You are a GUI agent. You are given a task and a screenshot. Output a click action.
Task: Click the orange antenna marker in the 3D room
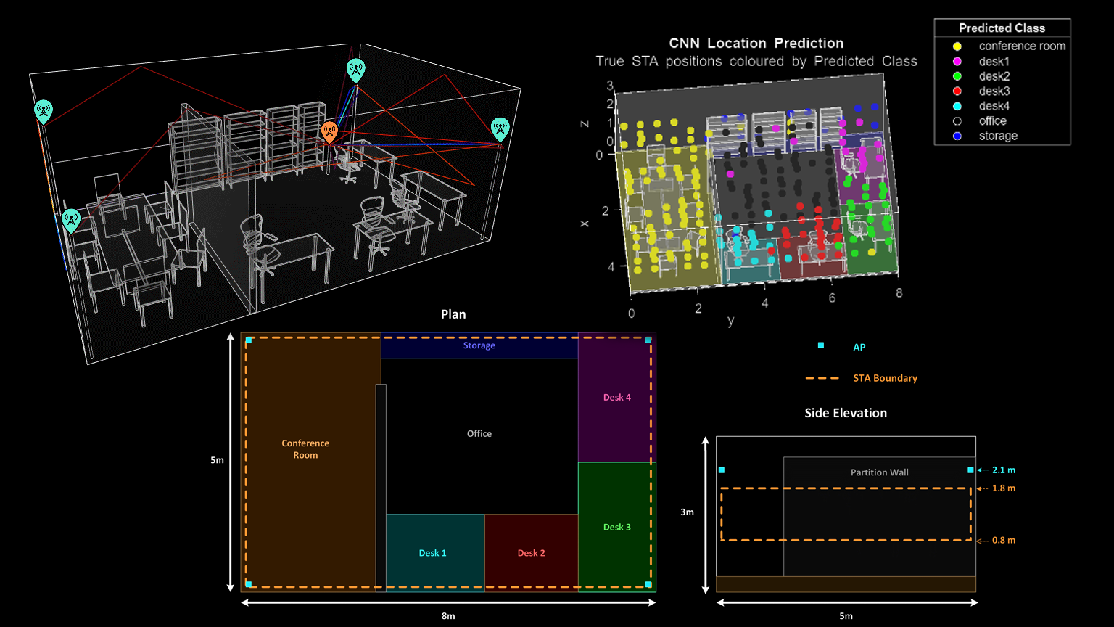coord(329,132)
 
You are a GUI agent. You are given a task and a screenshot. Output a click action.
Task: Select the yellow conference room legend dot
coord(957,46)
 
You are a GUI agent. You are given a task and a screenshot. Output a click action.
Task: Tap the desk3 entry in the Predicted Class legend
coord(994,91)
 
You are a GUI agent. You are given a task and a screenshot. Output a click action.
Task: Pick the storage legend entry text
coord(998,136)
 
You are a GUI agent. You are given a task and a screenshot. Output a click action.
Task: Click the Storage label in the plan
coord(479,345)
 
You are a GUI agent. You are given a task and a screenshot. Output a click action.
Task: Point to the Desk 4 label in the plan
coord(616,397)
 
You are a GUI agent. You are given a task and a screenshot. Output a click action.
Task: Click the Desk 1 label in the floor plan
coord(432,553)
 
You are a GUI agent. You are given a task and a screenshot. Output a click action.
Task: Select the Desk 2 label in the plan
coord(531,553)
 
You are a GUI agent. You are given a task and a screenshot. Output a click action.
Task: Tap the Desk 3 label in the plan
coord(616,527)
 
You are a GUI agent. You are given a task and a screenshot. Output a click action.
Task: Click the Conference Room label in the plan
coord(305,449)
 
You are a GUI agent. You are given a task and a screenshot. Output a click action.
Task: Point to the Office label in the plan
coord(479,433)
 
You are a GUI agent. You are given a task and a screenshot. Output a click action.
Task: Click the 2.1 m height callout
coord(1004,470)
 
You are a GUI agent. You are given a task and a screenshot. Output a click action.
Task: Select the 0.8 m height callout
coord(1004,540)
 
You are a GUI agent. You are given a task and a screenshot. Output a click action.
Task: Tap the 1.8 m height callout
coord(1004,488)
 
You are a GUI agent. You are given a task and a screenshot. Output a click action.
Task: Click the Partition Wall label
coord(879,472)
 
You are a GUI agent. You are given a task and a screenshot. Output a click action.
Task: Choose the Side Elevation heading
coord(846,413)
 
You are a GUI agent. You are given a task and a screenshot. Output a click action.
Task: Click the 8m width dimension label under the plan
coord(448,616)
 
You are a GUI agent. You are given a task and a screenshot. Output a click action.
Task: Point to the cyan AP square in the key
coord(821,345)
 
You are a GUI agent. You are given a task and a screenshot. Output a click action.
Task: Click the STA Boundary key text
coord(886,378)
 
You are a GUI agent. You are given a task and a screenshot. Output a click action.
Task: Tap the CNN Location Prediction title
coord(756,44)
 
